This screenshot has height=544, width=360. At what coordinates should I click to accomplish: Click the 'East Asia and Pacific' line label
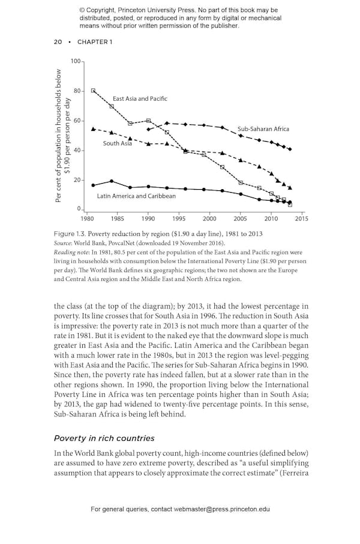click(x=140, y=98)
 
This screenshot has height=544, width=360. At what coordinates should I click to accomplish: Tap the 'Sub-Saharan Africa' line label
click(x=263, y=129)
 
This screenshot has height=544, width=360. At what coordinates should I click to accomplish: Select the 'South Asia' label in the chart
click(x=117, y=144)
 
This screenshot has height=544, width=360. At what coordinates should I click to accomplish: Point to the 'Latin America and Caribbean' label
click(x=136, y=196)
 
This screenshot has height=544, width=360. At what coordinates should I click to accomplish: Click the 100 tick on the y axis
click(x=75, y=61)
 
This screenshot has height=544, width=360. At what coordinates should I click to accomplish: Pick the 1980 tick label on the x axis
click(x=87, y=219)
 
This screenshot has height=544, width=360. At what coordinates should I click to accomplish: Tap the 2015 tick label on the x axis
click(x=301, y=219)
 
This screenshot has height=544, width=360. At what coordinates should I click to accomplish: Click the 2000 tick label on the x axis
click(x=209, y=219)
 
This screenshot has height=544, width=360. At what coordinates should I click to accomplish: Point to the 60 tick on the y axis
click(x=77, y=121)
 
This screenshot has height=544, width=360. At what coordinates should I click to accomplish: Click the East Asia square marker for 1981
click(x=93, y=91)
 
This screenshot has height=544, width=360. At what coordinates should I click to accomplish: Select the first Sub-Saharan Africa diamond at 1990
click(x=148, y=129)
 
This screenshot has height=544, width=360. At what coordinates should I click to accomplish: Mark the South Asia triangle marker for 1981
click(x=93, y=128)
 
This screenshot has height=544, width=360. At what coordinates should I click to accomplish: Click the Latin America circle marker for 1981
click(x=93, y=186)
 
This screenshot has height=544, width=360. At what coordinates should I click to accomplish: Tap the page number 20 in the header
click(x=58, y=41)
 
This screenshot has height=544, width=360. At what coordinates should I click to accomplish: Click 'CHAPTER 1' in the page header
click(x=94, y=41)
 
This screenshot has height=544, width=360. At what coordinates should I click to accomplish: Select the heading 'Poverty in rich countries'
click(x=104, y=438)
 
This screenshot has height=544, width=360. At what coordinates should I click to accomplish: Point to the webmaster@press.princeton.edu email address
click(x=222, y=509)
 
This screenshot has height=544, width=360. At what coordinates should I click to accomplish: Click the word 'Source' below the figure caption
click(x=64, y=243)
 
